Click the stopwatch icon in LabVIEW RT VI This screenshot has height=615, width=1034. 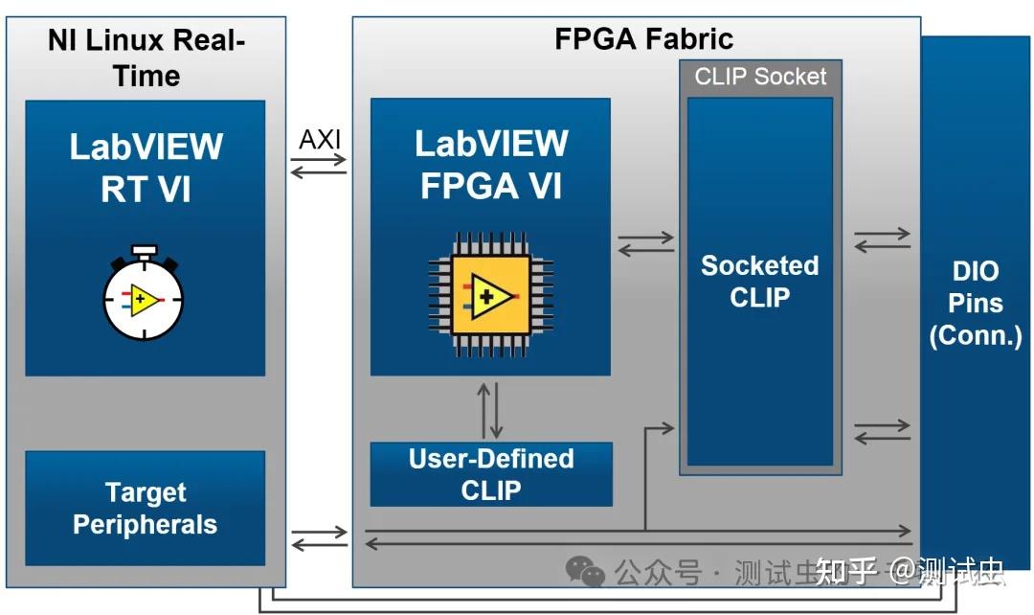coord(144,296)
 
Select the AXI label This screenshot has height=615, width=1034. coord(320,139)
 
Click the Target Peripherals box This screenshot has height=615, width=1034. coord(145,509)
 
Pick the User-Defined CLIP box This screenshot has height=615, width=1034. coord(491,474)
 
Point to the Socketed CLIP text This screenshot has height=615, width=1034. coord(760,281)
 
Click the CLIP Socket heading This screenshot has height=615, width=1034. coord(760,77)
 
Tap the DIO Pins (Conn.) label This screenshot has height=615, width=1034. coord(976,304)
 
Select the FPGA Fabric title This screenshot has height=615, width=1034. coord(643,39)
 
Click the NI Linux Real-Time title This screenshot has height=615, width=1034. coord(146,58)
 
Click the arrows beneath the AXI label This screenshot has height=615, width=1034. coord(319,167)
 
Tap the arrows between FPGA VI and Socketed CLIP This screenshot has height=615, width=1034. coord(645,243)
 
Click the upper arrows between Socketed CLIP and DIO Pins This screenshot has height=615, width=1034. coord(882,239)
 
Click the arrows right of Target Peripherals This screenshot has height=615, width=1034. coord(319,538)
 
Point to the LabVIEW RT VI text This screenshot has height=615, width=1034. coord(146,168)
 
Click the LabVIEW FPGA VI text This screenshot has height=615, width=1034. coord(491,164)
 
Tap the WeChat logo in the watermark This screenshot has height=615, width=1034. coord(585,572)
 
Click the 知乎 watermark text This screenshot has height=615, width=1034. coord(846,572)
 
